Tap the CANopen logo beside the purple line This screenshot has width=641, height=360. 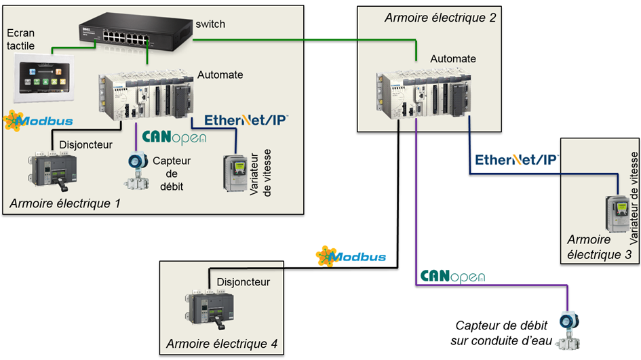point(452,277)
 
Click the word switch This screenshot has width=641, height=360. point(210,24)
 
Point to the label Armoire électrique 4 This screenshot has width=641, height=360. point(221,344)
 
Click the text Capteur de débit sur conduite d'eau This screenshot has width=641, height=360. point(503,332)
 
